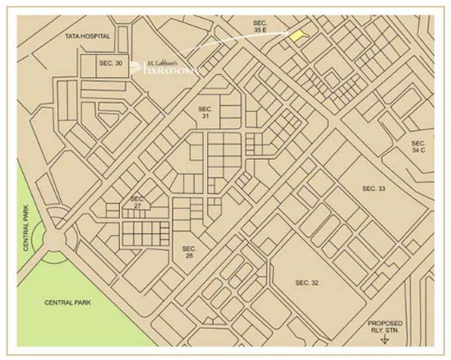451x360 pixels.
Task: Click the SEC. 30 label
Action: click(x=111, y=62)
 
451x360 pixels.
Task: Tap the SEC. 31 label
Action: click(x=205, y=112)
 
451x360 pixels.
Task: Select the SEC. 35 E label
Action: click(x=259, y=27)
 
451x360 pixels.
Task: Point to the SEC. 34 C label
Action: click(x=418, y=147)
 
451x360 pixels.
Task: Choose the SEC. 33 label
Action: click(x=373, y=189)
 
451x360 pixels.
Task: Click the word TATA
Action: click(x=74, y=36)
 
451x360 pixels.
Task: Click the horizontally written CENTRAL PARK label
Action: click(x=67, y=302)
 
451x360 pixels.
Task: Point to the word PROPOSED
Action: click(x=385, y=323)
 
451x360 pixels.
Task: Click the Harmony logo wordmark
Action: click(x=174, y=68)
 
